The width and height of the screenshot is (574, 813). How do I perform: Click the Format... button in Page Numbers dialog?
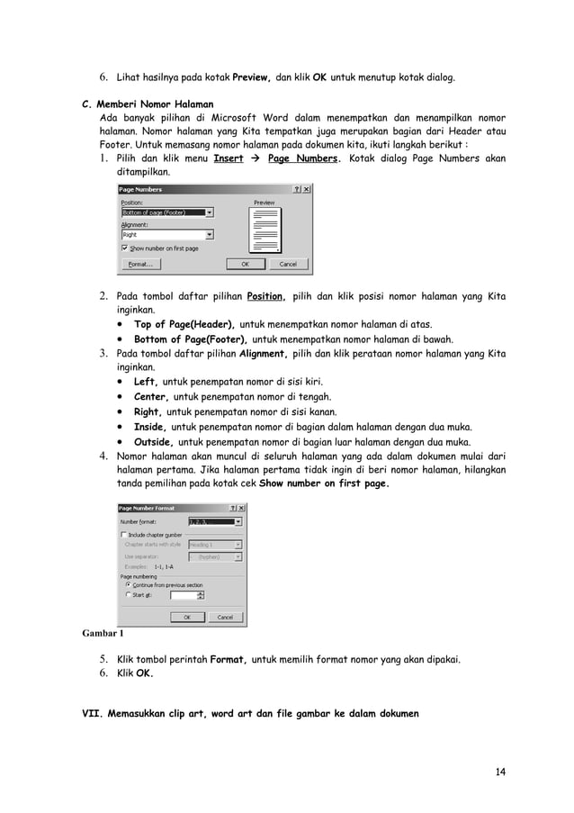pos(140,265)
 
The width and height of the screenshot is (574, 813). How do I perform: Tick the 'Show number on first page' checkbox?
pos(124,248)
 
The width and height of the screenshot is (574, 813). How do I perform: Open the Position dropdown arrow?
pos(210,212)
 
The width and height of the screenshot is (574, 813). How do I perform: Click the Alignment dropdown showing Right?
pos(166,234)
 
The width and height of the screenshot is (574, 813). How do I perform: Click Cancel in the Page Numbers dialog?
pos(288,265)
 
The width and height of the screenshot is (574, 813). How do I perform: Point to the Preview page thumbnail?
pos(265,230)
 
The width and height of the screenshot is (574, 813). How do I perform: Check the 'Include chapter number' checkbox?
pos(124,534)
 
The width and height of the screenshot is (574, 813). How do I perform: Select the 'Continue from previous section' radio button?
pos(128,584)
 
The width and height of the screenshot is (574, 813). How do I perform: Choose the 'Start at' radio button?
pos(128,594)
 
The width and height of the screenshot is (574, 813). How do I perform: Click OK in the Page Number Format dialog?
pos(187,618)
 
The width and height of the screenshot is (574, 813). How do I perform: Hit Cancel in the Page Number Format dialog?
pos(226,618)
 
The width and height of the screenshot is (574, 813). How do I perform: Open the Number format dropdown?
pos(238,521)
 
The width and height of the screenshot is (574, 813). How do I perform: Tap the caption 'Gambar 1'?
pos(103,633)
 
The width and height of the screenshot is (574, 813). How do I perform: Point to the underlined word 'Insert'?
pos(228,158)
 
